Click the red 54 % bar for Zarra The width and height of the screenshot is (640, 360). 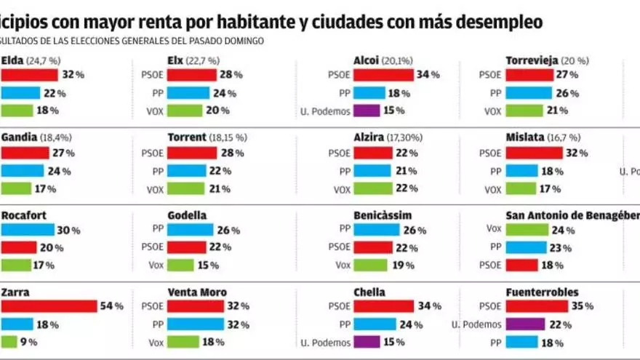[49, 306]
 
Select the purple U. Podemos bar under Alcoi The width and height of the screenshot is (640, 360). [367, 111]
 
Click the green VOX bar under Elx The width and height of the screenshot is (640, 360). [185, 111]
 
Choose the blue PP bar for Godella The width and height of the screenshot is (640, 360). [190, 230]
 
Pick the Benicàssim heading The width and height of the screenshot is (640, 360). [383, 215]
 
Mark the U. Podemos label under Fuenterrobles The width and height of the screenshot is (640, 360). [475, 324]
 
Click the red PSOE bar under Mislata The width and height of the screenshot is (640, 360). [534, 153]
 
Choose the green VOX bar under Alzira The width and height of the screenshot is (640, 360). [375, 189]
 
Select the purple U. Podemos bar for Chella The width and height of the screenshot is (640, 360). [367, 342]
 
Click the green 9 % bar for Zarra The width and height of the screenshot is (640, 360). [9, 342]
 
